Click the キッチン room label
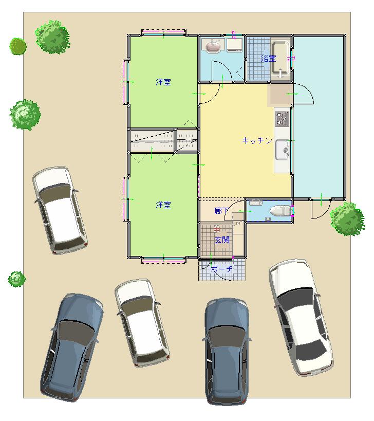click(x=257, y=140)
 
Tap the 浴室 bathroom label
click(x=268, y=58)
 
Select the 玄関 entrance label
click(x=222, y=240)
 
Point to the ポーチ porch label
click(x=221, y=268)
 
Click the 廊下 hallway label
click(x=221, y=211)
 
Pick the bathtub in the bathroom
click(x=280, y=58)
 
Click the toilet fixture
click(x=280, y=211)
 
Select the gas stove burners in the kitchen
click(x=282, y=119)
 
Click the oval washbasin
click(x=213, y=45)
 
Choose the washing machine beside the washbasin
click(x=235, y=45)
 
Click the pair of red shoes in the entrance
click(x=216, y=229)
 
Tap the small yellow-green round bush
click(x=18, y=46)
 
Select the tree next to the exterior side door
click(x=347, y=219)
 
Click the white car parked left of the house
click(x=60, y=210)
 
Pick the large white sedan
click(x=301, y=317)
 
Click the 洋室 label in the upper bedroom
click(x=163, y=82)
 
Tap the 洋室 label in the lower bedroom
click(x=163, y=205)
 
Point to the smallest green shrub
click(x=16, y=279)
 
